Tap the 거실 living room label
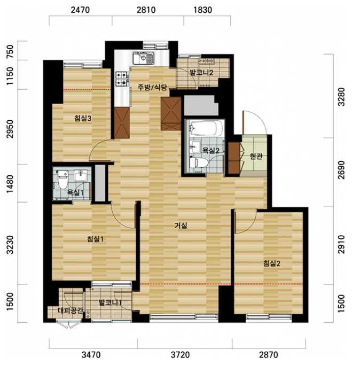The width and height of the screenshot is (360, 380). [x=181, y=226]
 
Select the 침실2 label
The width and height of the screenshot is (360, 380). [x=272, y=263]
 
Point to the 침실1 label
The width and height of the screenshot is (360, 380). [x=95, y=239]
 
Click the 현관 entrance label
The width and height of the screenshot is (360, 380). [x=256, y=156]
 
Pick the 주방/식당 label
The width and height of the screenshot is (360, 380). [x=152, y=87]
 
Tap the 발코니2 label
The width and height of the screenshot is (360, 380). [x=201, y=72]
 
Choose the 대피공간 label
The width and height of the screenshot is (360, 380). [x=71, y=311]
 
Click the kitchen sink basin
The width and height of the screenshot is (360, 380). [x=143, y=58]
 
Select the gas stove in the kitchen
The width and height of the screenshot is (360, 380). [x=122, y=79]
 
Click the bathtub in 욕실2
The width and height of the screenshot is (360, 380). [x=207, y=128]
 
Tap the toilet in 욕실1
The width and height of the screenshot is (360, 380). [x=63, y=180]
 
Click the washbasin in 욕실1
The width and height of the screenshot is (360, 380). [x=81, y=175]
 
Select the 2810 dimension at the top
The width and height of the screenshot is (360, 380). [x=146, y=10]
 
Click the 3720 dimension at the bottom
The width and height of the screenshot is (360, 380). [x=180, y=355]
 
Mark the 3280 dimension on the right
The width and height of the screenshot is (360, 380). [x=341, y=97]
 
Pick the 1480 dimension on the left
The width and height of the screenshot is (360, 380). [x=10, y=184]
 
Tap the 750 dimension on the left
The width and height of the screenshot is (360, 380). [x=10, y=51]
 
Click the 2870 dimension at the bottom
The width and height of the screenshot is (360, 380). [x=269, y=355]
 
